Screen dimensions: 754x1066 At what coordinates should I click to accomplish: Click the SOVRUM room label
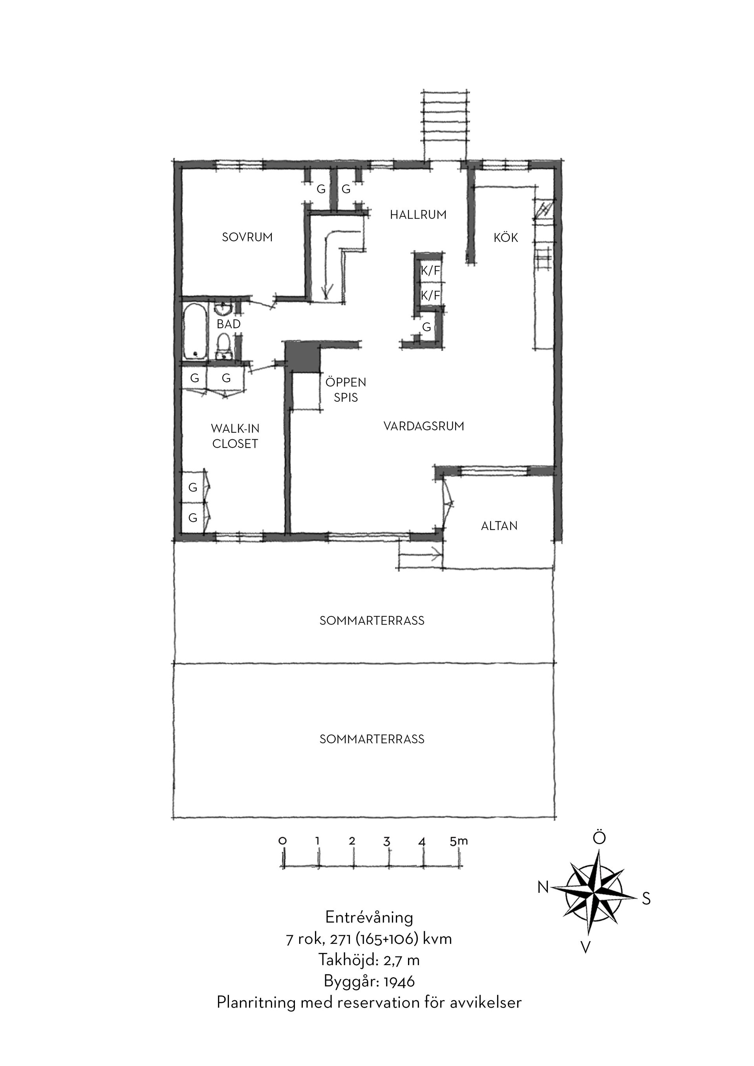[247, 237]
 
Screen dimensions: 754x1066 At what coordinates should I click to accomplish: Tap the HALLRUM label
[418, 215]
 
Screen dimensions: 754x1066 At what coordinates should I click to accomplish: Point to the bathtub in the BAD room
[194, 331]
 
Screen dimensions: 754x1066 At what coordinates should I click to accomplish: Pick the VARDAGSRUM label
[424, 426]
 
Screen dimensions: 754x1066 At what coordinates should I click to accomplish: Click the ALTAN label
[499, 526]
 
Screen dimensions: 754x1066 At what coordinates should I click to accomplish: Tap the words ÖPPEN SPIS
[346, 390]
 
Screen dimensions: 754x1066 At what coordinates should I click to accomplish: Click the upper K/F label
[430, 271]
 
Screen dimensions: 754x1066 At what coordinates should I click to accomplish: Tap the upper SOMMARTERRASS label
[372, 621]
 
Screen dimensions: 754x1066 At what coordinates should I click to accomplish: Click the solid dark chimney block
[303, 357]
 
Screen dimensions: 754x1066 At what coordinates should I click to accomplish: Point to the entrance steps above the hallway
[445, 125]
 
